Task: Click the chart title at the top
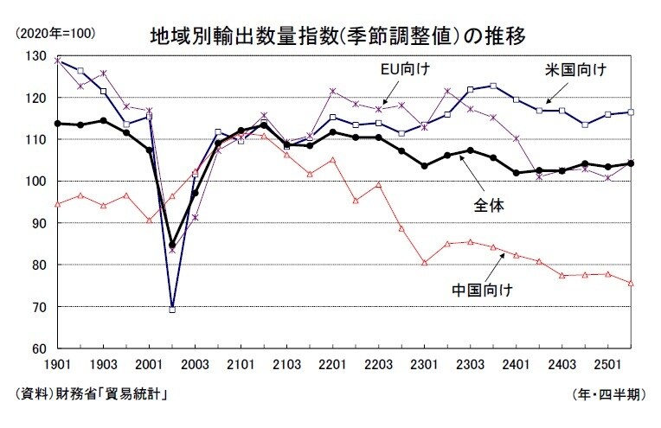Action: click(337, 37)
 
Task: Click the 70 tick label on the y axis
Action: click(37, 307)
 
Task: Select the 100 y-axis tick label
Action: click(34, 182)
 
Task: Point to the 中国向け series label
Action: click(482, 288)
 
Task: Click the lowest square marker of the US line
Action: click(172, 309)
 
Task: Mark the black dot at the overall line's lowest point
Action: click(172, 245)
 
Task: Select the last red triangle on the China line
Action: click(631, 283)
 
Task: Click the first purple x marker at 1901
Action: click(58, 61)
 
